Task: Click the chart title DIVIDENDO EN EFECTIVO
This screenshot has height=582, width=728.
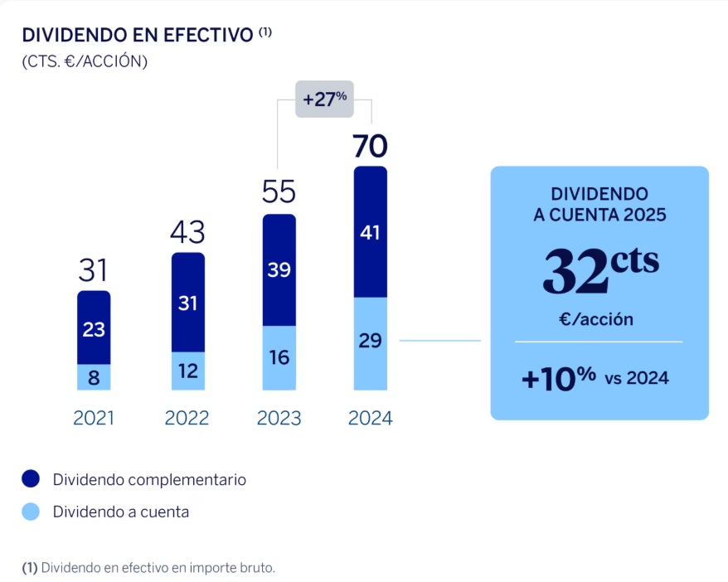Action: click(x=138, y=35)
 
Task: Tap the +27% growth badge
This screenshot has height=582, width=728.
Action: click(x=324, y=99)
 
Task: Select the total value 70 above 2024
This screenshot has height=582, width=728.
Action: click(x=370, y=147)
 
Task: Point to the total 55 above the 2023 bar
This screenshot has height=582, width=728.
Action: click(x=279, y=192)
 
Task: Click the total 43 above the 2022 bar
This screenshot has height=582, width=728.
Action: click(x=187, y=232)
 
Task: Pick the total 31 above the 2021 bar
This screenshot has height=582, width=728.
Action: click(x=94, y=270)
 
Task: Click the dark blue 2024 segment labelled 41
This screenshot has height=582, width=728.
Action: click(x=370, y=233)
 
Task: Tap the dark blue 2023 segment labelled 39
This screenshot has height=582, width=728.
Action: click(x=279, y=270)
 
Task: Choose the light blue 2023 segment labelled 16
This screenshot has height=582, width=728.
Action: click(x=279, y=357)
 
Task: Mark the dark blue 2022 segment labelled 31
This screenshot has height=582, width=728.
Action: click(x=187, y=303)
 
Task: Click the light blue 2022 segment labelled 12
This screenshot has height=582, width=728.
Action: click(x=187, y=371)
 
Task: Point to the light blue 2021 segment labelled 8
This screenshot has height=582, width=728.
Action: click(x=94, y=377)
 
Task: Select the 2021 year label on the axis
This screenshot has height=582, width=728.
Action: click(x=94, y=418)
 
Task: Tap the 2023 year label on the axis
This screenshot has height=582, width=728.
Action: click(x=279, y=418)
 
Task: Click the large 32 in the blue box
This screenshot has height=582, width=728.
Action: click(x=580, y=272)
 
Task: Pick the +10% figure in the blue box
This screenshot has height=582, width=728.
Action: click(x=558, y=378)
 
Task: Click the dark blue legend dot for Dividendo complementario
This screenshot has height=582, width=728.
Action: click(x=31, y=479)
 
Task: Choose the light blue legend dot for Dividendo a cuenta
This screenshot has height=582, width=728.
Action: click(x=31, y=512)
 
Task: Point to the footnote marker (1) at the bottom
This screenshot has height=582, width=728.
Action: click(x=29, y=568)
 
